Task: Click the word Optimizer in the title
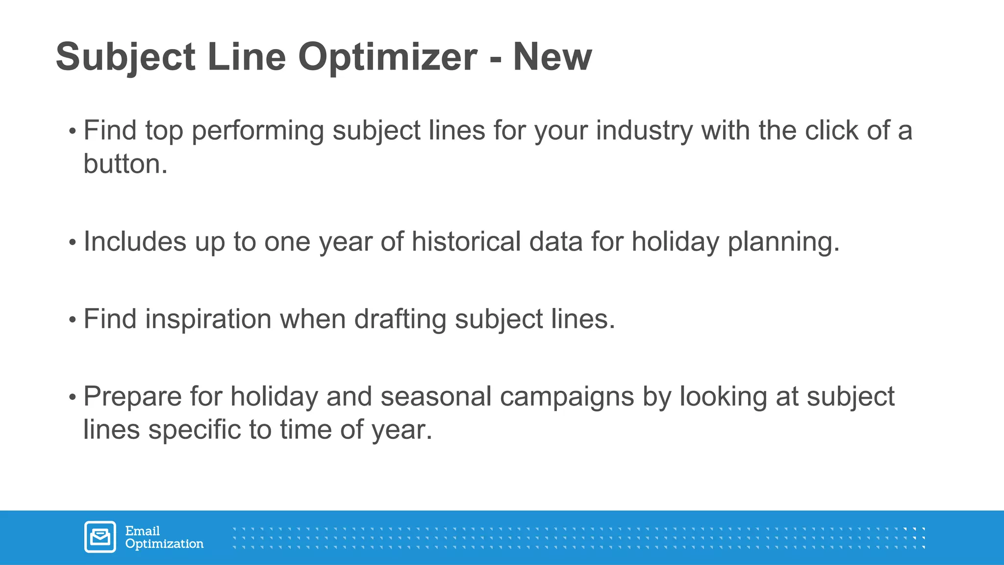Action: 387,57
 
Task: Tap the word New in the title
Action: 552,57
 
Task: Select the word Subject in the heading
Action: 125,57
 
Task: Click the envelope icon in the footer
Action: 100,537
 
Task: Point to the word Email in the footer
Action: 142,531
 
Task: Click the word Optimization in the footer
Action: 164,544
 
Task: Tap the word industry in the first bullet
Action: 644,131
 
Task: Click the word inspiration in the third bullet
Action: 208,319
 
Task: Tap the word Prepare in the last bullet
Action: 132,397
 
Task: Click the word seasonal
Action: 436,396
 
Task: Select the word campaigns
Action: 567,397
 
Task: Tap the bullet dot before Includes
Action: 73,242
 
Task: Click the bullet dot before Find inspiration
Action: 73,320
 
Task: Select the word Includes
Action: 135,242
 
